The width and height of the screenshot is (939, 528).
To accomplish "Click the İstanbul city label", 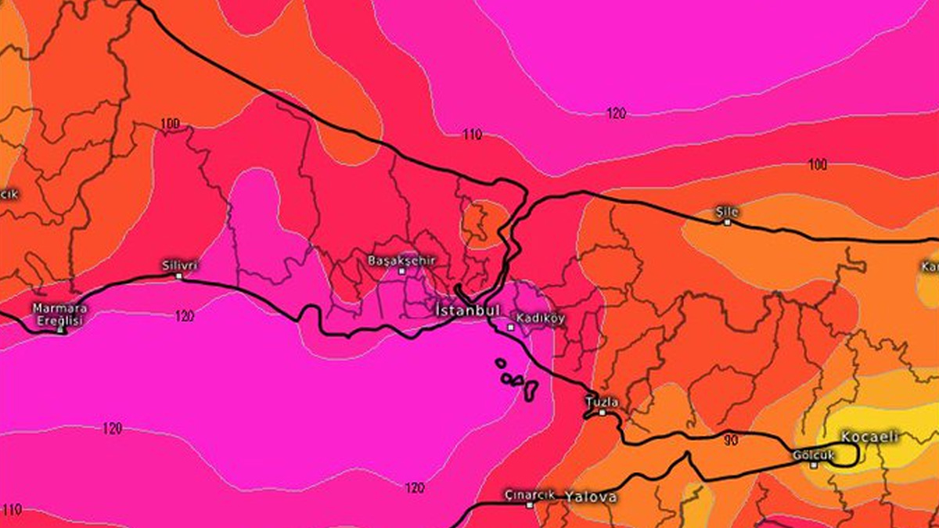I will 467,311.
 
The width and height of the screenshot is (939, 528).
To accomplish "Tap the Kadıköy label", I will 540,319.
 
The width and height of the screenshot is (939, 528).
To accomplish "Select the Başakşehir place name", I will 401,260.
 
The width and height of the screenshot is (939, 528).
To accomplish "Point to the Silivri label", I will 179,265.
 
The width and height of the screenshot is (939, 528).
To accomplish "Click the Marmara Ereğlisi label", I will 60,313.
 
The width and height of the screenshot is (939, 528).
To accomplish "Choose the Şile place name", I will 727,211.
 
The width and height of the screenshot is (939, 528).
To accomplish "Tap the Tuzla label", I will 602,402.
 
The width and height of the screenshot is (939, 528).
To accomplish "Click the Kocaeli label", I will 869,437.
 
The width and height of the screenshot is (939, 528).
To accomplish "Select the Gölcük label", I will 813,454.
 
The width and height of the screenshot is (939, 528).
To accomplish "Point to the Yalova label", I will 591,497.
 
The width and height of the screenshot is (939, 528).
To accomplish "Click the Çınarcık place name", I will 529,495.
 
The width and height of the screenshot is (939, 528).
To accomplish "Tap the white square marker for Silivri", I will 179,275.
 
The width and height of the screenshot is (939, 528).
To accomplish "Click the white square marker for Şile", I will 727,222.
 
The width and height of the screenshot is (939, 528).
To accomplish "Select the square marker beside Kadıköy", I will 511,327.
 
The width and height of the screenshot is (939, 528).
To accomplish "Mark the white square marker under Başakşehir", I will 402,271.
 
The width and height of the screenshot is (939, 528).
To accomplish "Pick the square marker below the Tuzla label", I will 602,411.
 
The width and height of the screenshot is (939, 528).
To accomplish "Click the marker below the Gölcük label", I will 814,465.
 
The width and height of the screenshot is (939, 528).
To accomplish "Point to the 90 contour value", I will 731,440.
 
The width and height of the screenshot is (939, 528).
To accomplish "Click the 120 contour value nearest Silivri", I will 185,316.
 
